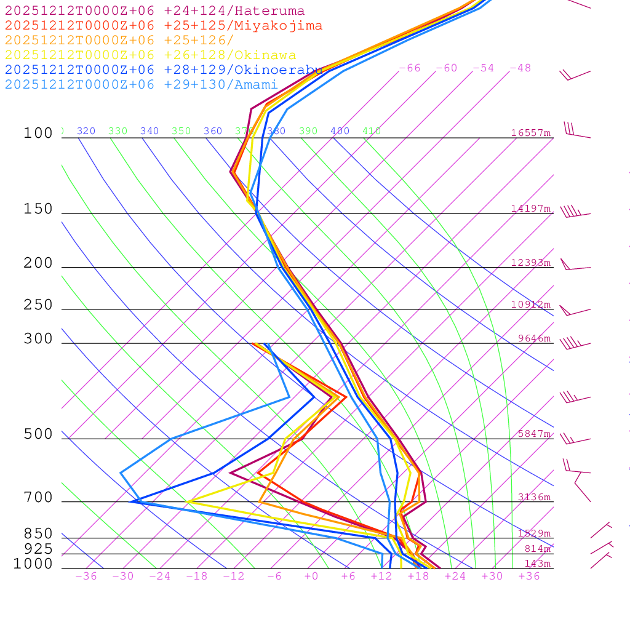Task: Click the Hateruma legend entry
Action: (x=154, y=11)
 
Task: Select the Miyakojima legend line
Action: (x=163, y=26)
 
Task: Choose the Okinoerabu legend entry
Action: (x=163, y=70)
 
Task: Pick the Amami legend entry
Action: (x=141, y=85)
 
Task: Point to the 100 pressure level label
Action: (x=38, y=134)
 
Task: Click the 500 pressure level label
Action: (x=38, y=435)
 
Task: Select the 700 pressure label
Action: (x=38, y=498)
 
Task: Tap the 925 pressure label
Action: (x=38, y=549)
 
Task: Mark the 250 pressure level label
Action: (x=38, y=305)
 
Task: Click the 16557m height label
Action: (x=531, y=133)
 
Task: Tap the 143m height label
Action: (x=538, y=564)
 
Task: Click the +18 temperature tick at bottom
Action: (x=418, y=576)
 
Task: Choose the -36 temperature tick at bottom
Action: (x=86, y=576)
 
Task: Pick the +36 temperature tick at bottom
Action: (x=529, y=576)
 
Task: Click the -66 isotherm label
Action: (x=410, y=68)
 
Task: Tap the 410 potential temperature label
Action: (x=372, y=131)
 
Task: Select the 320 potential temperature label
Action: (x=86, y=131)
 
